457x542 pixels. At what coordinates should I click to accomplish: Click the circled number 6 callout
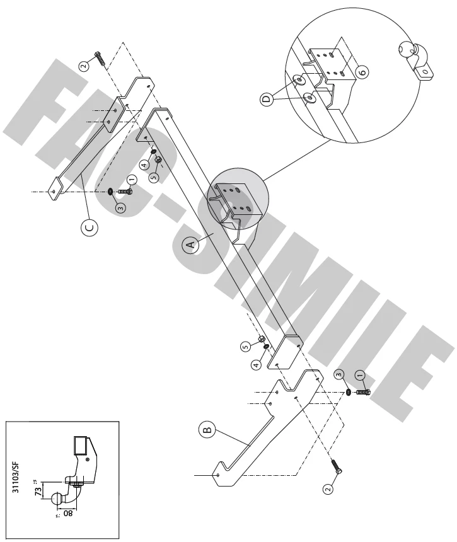click(361, 73)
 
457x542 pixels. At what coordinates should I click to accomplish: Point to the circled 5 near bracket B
click(245, 345)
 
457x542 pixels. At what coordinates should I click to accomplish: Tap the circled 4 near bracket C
click(144, 166)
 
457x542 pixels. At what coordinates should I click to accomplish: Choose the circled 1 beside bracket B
click(361, 376)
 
